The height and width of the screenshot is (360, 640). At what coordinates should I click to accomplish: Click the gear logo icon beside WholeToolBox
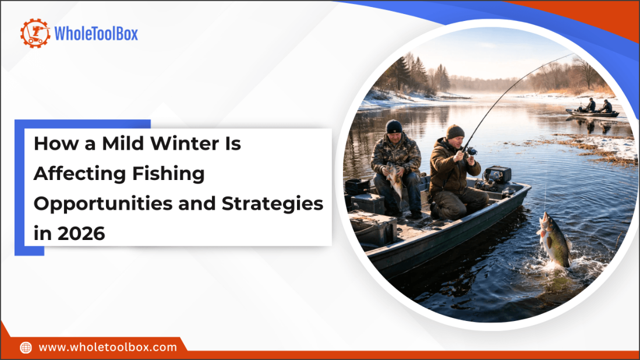(35, 33)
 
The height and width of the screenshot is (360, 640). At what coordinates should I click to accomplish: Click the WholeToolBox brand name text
(96, 34)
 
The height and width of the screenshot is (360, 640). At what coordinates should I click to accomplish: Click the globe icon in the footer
(26, 348)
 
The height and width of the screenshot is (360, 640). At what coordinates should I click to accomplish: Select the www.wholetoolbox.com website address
(108, 348)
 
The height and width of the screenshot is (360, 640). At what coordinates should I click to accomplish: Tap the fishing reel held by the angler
(471, 151)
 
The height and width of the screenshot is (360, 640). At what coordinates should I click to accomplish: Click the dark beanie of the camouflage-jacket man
(394, 126)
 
